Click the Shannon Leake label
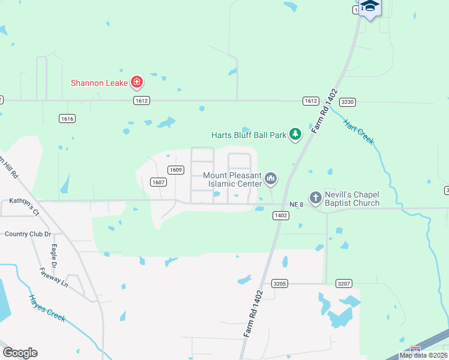click(99, 83)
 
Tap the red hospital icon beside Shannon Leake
click(137, 82)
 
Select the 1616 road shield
click(67, 119)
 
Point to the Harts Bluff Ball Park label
click(249, 135)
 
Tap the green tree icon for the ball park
click(295, 134)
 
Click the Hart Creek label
click(358, 132)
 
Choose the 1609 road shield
click(175, 170)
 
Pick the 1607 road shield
click(158, 182)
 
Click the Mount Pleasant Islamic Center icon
click(271, 178)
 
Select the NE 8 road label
click(297, 205)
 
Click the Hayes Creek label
click(47, 308)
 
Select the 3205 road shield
click(280, 283)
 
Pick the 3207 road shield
click(343, 283)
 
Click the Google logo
click(20, 353)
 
